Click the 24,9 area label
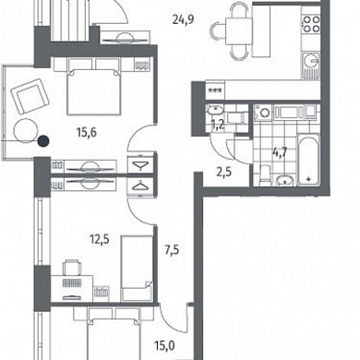(x=184, y=20)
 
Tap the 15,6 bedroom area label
(x=87, y=133)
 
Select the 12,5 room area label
(x=100, y=239)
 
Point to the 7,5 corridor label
(x=172, y=250)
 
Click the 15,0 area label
(x=164, y=346)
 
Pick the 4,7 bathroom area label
(x=280, y=152)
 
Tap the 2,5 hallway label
(x=224, y=173)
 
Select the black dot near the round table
(x=43, y=140)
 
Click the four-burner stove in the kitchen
(x=311, y=24)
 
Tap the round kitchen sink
(x=311, y=60)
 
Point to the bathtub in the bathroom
(x=308, y=160)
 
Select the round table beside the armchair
(x=26, y=131)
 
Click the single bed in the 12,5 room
(x=137, y=269)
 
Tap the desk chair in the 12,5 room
(x=72, y=267)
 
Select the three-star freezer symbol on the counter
(x=213, y=90)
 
